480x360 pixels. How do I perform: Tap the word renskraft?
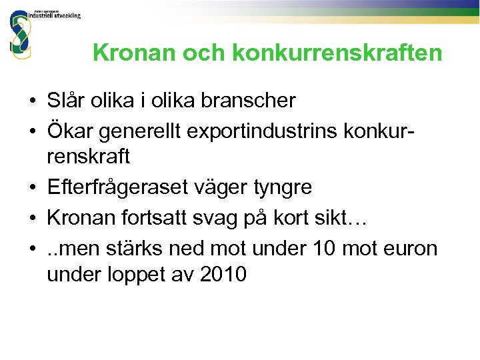(89, 157)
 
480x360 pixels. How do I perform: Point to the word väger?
(222, 187)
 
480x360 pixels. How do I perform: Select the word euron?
(411, 248)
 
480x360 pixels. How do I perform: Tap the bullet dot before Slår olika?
(32, 102)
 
